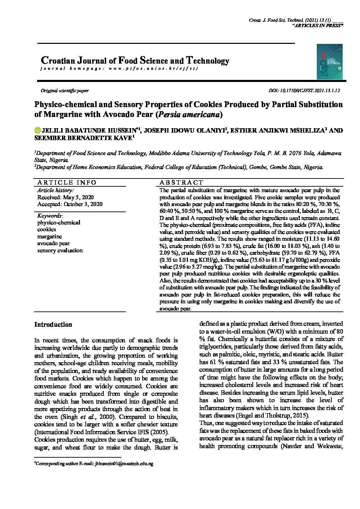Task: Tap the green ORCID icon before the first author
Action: [x=37, y=130]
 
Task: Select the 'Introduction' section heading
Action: [x=53, y=324]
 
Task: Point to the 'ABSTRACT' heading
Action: [x=181, y=182]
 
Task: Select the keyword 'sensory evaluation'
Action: [x=60, y=250]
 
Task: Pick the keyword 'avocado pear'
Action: [x=53, y=243]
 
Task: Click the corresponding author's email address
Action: [x=124, y=463]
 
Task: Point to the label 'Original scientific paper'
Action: [x=65, y=91]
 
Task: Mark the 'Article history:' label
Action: [x=55, y=190]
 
